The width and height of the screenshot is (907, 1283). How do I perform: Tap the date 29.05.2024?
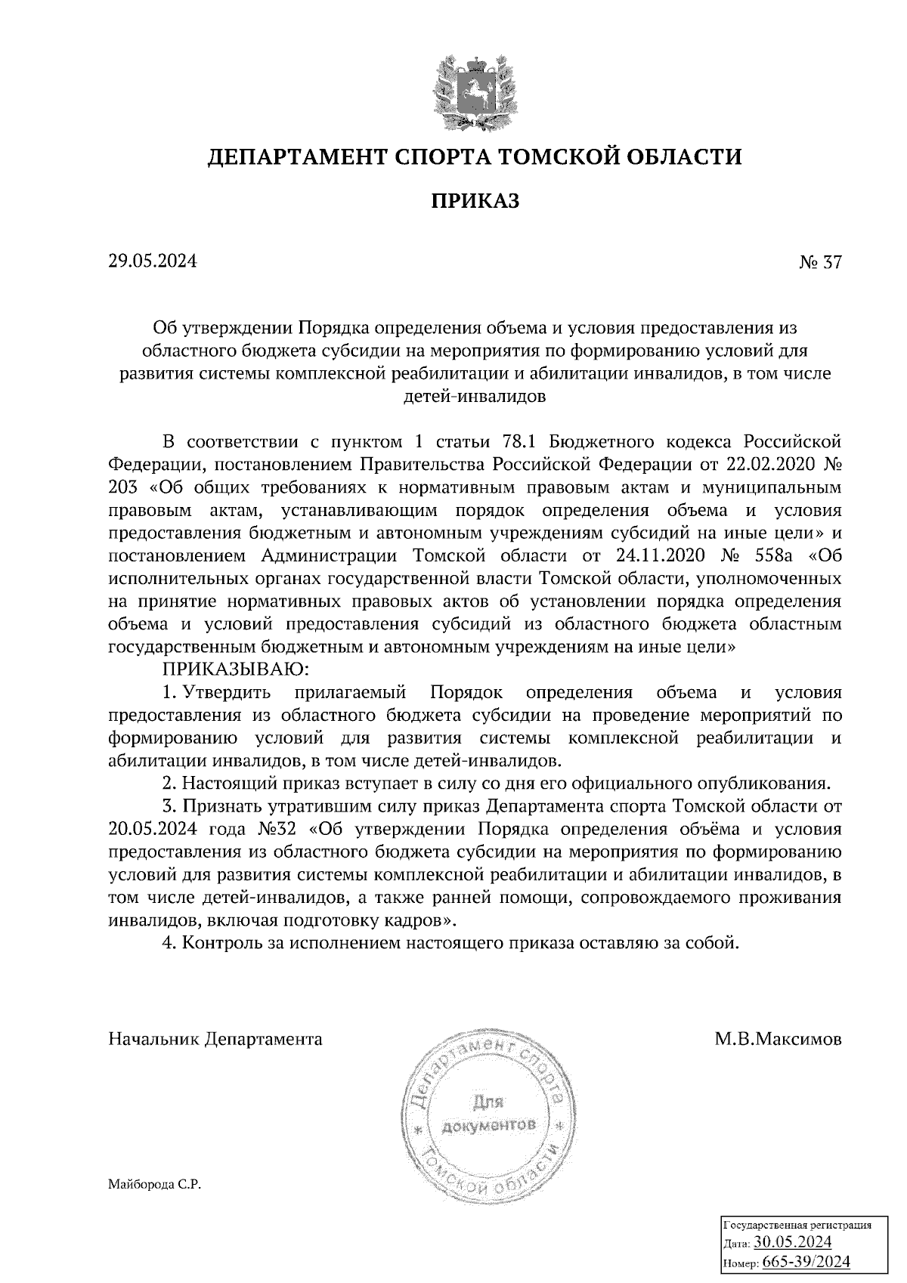coord(153,261)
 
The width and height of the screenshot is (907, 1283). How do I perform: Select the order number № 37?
coord(819,262)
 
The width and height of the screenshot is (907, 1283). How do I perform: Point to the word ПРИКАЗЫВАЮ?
coord(235,669)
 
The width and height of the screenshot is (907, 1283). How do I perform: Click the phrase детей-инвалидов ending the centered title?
coord(475,394)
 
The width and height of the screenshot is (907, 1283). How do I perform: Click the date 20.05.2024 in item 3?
coord(153,828)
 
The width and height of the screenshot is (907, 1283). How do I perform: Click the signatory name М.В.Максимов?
coord(778,1039)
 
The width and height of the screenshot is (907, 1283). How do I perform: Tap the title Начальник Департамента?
coord(215,1039)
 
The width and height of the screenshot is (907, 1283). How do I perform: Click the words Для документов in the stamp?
coord(489,1114)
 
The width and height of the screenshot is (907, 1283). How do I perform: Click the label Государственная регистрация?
coord(797,1225)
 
